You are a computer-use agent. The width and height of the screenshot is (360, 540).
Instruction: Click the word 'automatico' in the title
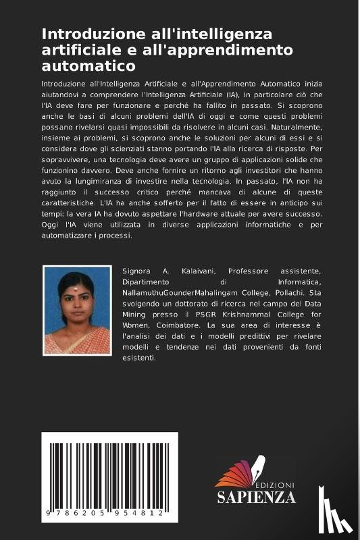[88, 66]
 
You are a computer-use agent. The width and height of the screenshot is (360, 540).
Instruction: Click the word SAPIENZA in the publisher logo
[256, 497]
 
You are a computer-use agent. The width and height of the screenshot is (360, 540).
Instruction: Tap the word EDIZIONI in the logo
[274, 485]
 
